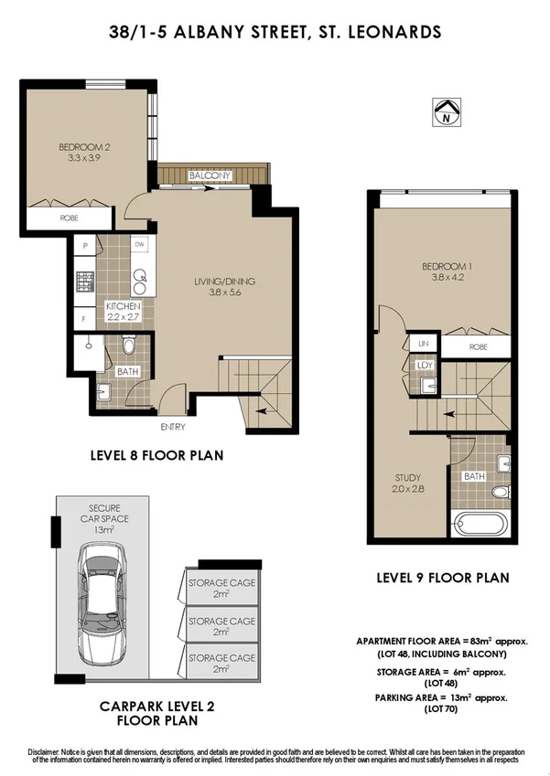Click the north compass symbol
tap(445, 112)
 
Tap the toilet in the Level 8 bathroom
tap(128, 345)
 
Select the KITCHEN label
tap(124, 306)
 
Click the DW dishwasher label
tap(140, 246)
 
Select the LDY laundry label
tap(424, 365)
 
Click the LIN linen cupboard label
tap(424, 344)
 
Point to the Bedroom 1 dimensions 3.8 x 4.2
tap(440, 278)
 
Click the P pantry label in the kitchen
tap(84, 246)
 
